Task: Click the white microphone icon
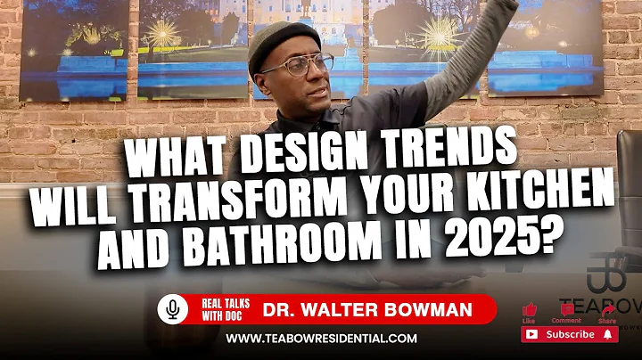[x=173, y=309]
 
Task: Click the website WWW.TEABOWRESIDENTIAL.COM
[x=321, y=339]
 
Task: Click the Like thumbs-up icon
[x=530, y=309]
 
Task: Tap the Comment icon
[x=567, y=309]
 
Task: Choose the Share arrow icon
[x=606, y=309]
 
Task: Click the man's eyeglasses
[x=296, y=67]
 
